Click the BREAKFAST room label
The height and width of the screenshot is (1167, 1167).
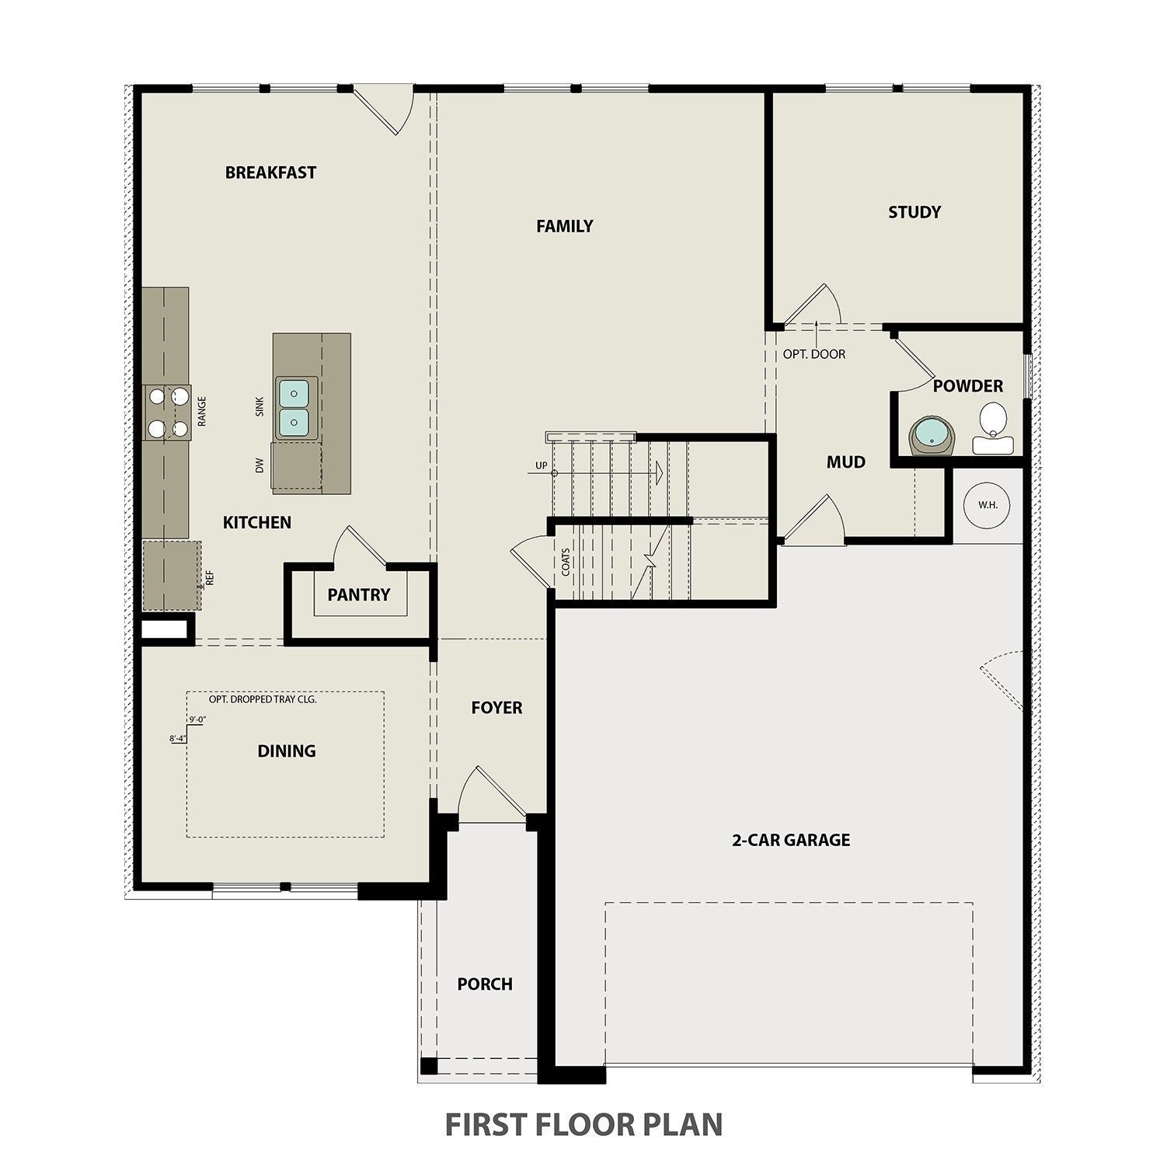point(270,172)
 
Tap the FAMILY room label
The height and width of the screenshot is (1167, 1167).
point(564,226)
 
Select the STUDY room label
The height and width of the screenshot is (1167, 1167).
point(914,212)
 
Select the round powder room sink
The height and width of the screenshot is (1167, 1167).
point(931,436)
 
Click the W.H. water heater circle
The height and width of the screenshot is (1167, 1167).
point(988,504)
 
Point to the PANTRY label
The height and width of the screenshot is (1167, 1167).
point(358,595)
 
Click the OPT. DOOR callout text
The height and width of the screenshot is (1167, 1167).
point(813,354)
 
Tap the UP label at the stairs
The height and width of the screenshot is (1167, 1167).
point(541,466)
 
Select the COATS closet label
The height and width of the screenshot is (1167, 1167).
point(565,562)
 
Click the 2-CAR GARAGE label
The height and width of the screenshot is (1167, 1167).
point(791,840)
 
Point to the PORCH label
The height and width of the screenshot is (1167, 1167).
point(485,984)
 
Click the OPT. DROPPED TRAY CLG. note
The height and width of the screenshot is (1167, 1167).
point(263,699)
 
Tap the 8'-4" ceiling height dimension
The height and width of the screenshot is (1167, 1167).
point(178,739)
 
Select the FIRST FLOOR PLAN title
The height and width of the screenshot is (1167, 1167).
point(583,1124)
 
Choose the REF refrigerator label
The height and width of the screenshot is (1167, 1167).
point(209,578)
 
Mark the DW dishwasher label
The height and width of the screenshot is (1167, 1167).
point(260,465)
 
